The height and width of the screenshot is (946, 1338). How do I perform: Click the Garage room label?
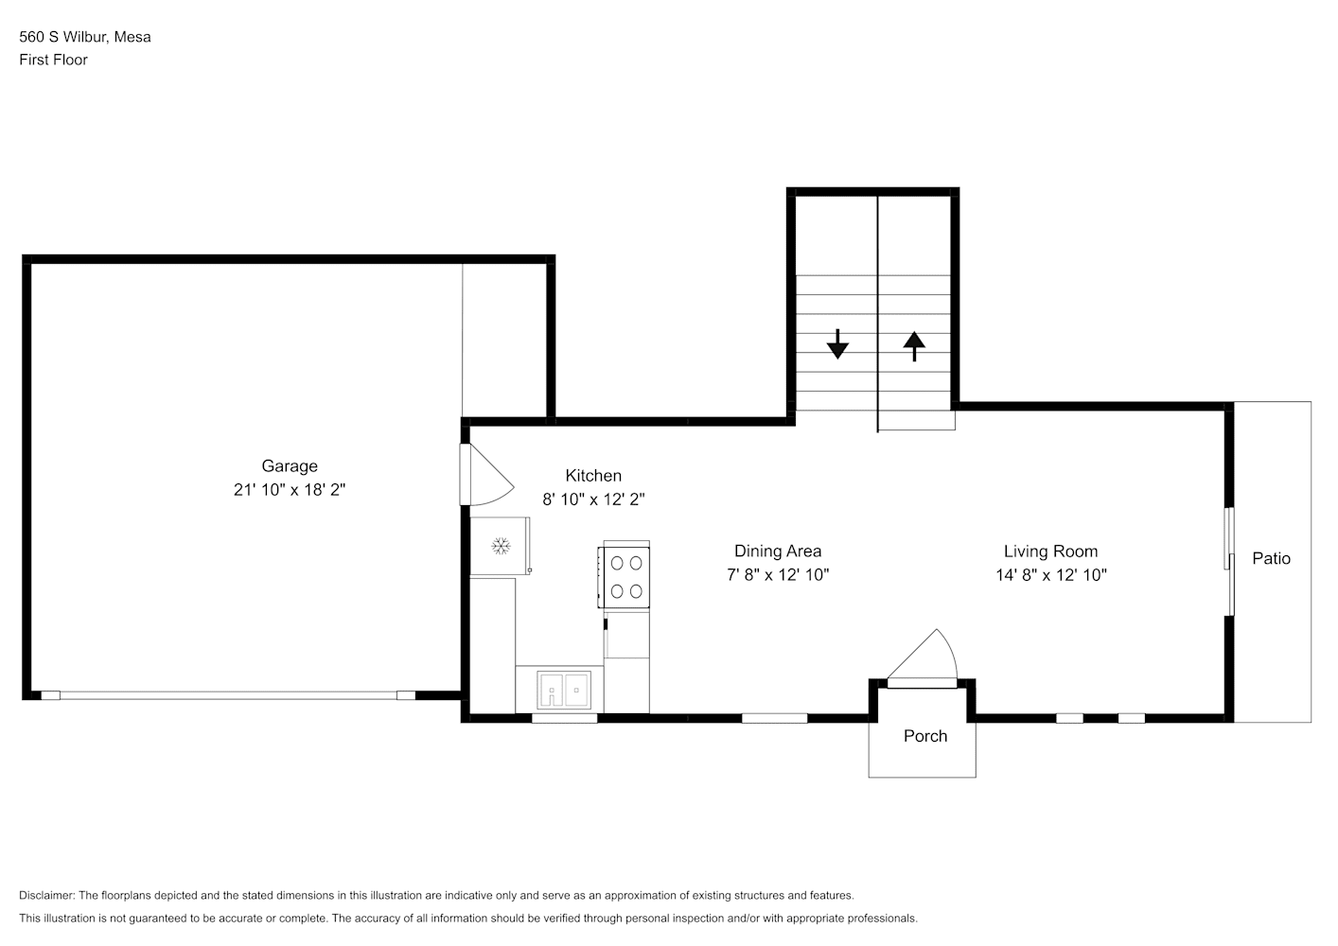pyautogui.click(x=290, y=465)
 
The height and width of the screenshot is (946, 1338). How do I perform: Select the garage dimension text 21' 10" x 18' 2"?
pyautogui.click(x=290, y=490)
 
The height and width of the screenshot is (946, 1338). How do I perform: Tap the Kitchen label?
pyautogui.click(x=593, y=475)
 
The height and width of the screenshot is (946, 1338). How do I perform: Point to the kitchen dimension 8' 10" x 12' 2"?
pyautogui.click(x=593, y=499)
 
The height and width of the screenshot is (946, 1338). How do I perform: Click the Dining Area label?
pyautogui.click(x=778, y=551)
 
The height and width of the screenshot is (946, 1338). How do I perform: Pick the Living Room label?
pyautogui.click(x=1050, y=551)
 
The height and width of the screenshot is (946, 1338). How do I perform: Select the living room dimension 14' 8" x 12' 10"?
pyautogui.click(x=1050, y=574)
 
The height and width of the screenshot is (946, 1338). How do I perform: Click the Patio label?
pyautogui.click(x=1271, y=558)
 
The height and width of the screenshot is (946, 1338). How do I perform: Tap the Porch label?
pyautogui.click(x=924, y=736)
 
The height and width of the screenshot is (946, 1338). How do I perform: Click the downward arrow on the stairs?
pyautogui.click(x=837, y=344)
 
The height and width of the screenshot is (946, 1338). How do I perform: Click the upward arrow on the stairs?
pyautogui.click(x=913, y=345)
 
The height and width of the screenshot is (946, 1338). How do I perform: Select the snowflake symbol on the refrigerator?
pyautogui.click(x=501, y=546)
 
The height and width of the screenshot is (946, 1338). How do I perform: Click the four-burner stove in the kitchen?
pyautogui.click(x=625, y=576)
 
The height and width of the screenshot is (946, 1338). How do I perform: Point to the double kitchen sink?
pyautogui.click(x=564, y=690)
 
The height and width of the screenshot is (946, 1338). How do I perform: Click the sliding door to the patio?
pyautogui.click(x=1229, y=562)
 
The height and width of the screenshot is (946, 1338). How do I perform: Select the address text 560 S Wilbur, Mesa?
pyautogui.click(x=85, y=37)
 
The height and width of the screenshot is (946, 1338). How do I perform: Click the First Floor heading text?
pyautogui.click(x=53, y=60)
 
